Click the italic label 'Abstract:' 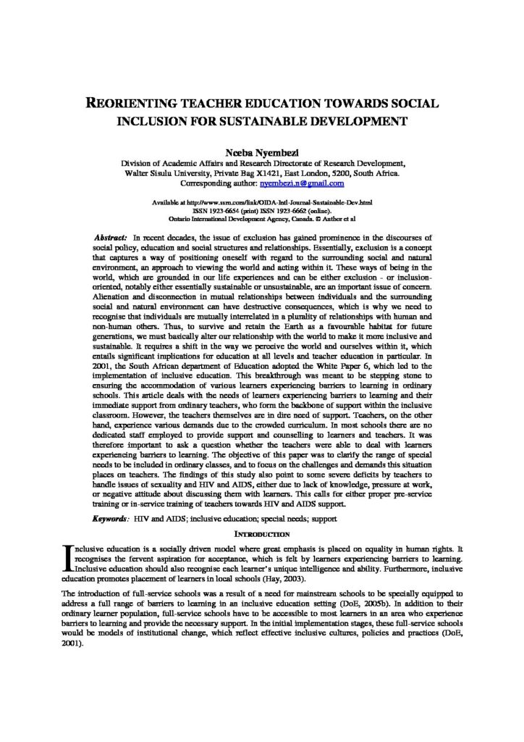point(111,238)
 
